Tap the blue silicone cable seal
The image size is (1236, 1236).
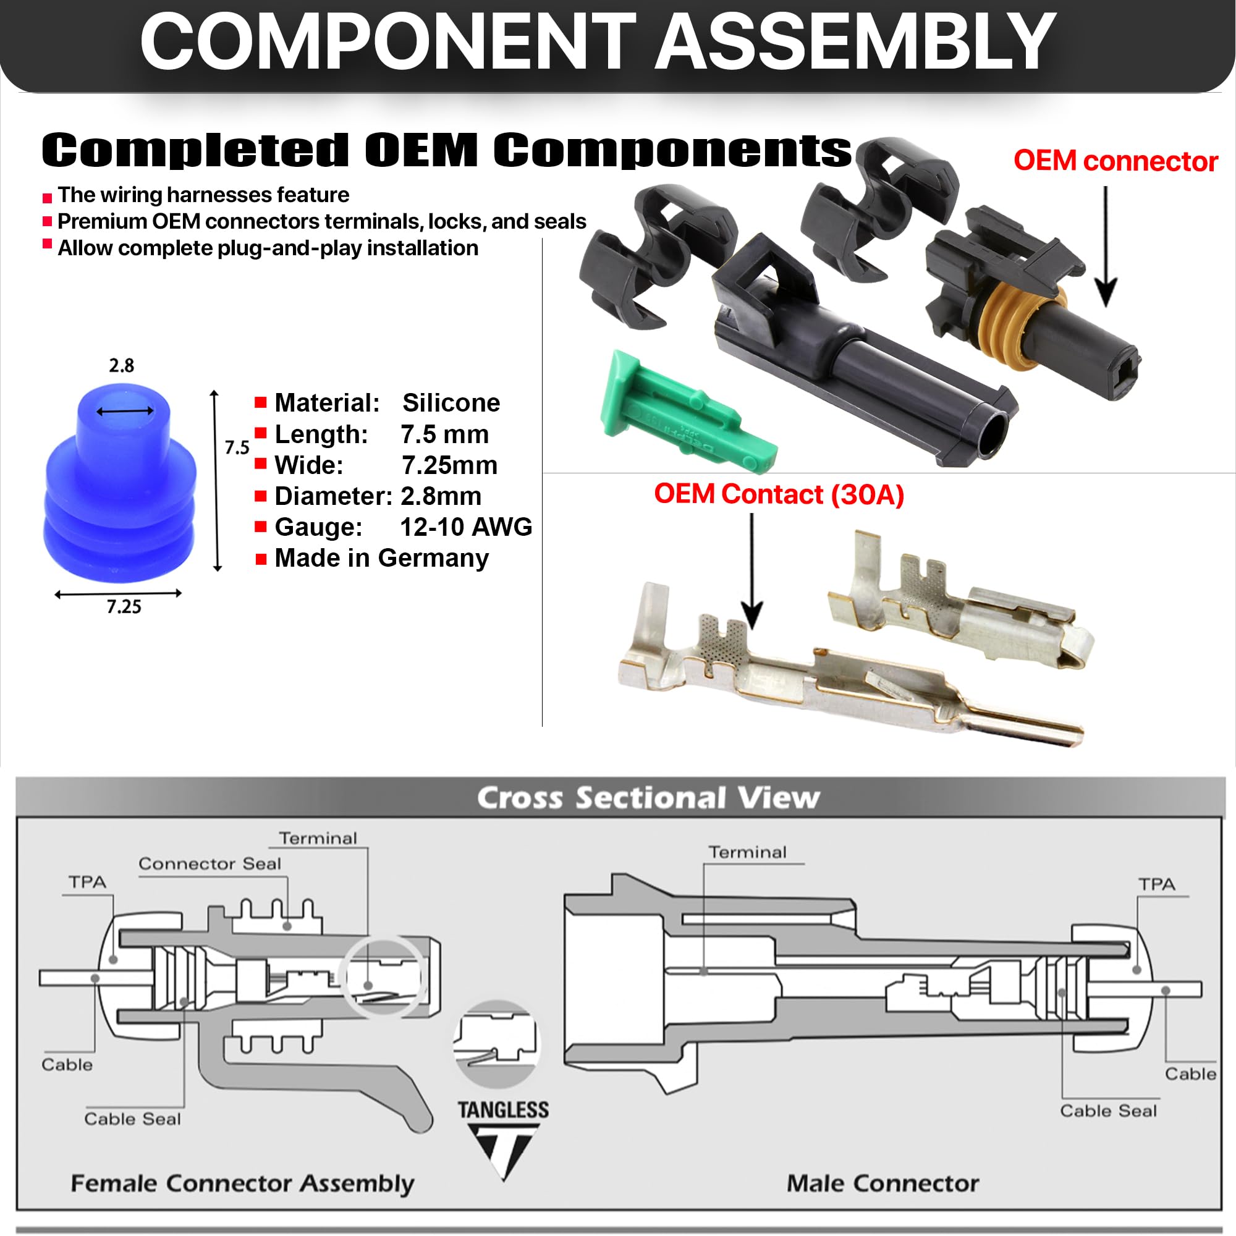tap(121, 486)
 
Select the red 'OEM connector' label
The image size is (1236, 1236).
tap(1115, 161)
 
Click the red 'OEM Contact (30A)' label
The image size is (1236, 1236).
tap(779, 494)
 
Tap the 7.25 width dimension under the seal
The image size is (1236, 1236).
tap(124, 606)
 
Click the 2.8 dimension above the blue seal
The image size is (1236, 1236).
tap(122, 365)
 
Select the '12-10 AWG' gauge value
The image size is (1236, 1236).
tap(466, 527)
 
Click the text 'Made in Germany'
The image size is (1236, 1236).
tap(381, 559)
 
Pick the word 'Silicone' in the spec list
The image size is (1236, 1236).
tap(451, 403)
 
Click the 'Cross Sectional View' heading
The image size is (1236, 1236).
tap(648, 798)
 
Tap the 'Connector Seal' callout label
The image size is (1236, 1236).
tap(210, 864)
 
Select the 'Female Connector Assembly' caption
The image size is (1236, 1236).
tap(242, 1183)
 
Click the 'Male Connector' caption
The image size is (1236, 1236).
tap(883, 1183)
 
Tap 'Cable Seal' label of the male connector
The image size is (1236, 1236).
tap(1108, 1111)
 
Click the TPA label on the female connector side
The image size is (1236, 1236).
tap(88, 883)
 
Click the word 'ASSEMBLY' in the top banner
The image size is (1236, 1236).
tap(855, 42)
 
